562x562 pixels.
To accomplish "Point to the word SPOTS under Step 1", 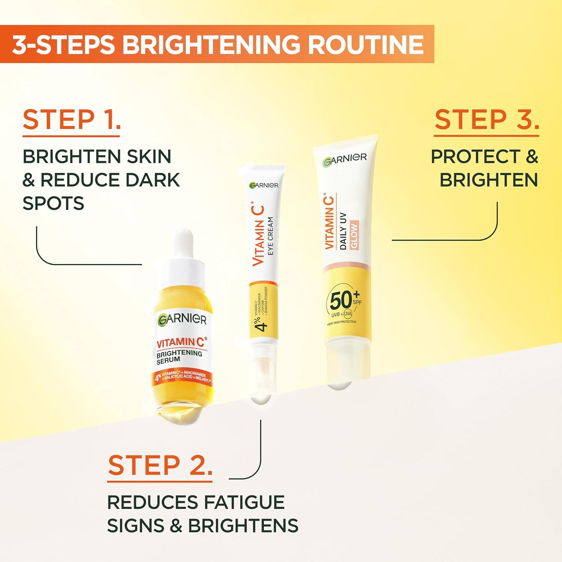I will pos(53,203).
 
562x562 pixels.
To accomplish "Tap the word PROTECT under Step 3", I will pos(475,157).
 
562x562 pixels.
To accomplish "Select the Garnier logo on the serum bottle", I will pos(182,319).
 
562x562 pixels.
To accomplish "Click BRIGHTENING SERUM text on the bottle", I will pos(179,356).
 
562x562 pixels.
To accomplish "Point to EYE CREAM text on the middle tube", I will pos(270,236).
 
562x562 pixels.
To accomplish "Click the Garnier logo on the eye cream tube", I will pos(264,185).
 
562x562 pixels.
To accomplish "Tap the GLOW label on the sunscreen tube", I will pos(354,235).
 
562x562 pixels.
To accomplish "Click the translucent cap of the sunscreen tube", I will pos(345,362).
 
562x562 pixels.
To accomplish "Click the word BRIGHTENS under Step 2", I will pos(243,526).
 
